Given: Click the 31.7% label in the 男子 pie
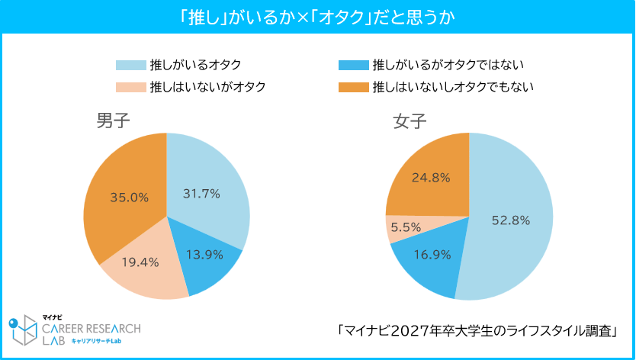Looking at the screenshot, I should click(201, 194).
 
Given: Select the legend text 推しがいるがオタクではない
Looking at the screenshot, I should click(447, 66).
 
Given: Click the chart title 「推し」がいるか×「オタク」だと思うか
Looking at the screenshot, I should click(318, 17).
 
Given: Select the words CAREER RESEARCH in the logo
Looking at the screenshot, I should click(92, 329).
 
